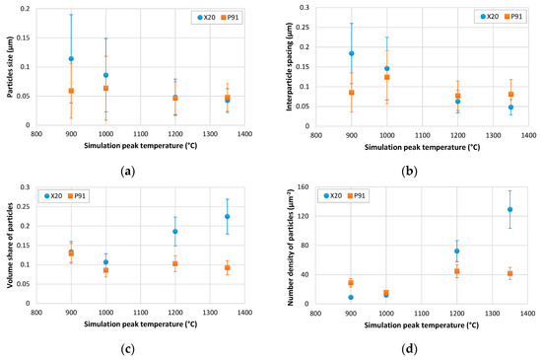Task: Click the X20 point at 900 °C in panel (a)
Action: pyautogui.click(x=71, y=59)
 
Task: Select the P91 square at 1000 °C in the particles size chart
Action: pyautogui.click(x=105, y=88)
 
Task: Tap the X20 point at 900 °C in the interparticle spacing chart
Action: pyautogui.click(x=352, y=53)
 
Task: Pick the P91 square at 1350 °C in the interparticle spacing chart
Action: pyautogui.click(x=510, y=94)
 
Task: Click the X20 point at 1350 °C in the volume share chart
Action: pyautogui.click(x=227, y=216)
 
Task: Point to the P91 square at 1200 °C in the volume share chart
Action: pyautogui.click(x=175, y=263)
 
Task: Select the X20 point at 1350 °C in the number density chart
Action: pyautogui.click(x=509, y=209)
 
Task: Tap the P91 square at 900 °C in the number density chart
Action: pyautogui.click(x=351, y=283)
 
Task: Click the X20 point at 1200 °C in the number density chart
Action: pyautogui.click(x=457, y=252)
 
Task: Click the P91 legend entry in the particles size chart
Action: pyautogui.click(x=230, y=18)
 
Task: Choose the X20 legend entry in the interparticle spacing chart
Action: pyautogui.click(x=490, y=16)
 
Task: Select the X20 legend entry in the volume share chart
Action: pyautogui.click(x=53, y=195)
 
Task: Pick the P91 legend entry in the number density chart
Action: pyautogui.click(x=357, y=195)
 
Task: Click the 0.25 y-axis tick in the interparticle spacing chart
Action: pyautogui.click(x=305, y=27)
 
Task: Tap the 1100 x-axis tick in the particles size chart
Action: pyautogui.click(x=141, y=134)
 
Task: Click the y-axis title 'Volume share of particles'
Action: pyautogui.click(x=10, y=246)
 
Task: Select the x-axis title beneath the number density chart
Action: pyautogui.click(x=422, y=325)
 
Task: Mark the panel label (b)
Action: pyautogui.click(x=409, y=172)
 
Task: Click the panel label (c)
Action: pyautogui.click(x=128, y=349)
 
